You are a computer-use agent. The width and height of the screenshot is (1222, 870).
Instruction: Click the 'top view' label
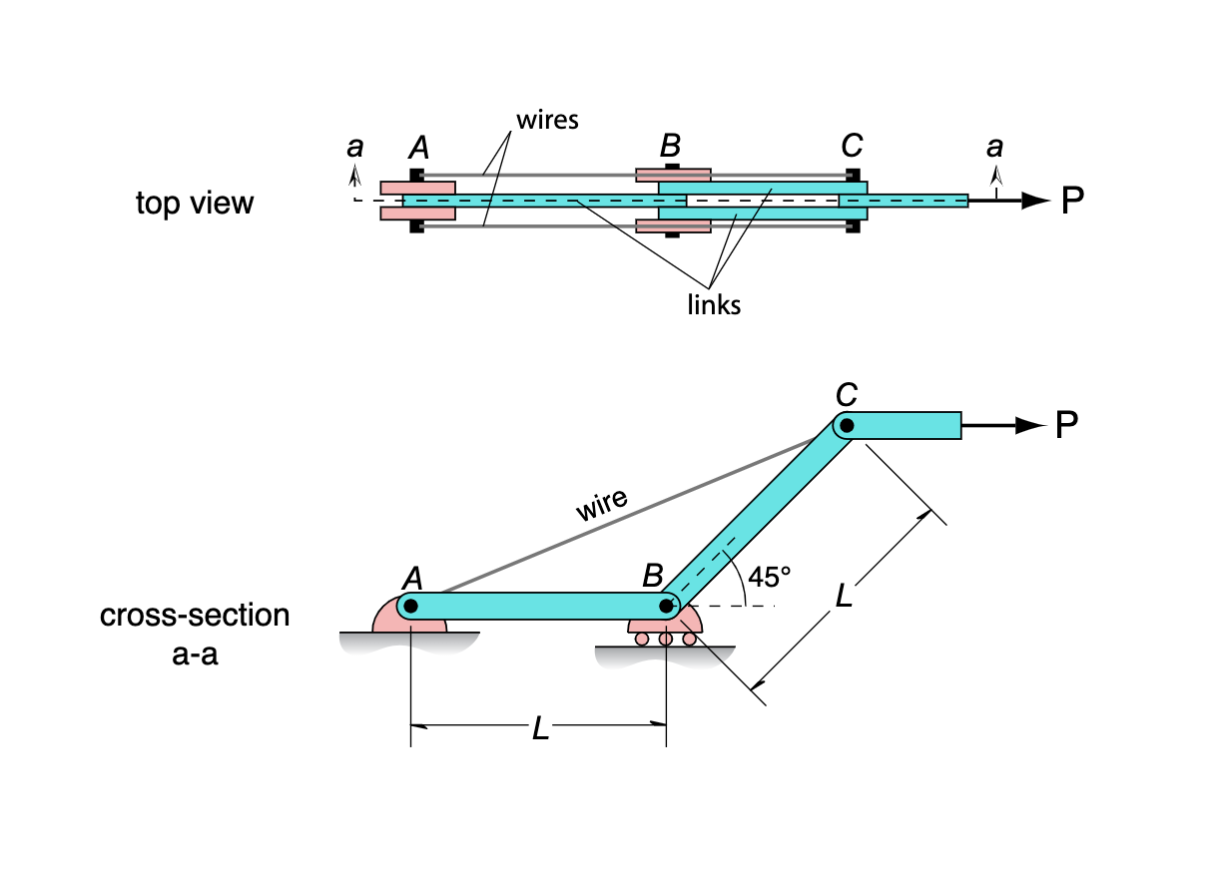[195, 204]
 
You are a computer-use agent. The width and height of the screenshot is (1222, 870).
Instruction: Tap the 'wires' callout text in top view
[547, 121]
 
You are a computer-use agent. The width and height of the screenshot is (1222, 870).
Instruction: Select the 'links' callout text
[714, 304]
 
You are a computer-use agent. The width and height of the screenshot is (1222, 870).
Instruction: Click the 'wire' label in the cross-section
[602, 505]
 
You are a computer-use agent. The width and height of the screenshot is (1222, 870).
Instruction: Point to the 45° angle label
[770, 577]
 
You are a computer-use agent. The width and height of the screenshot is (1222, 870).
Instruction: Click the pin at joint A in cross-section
[410, 606]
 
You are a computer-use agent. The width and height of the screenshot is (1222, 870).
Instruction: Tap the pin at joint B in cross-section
[666, 606]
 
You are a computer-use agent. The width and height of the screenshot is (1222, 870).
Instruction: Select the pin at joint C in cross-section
[847, 426]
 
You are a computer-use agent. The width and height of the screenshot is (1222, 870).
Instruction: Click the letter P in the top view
[1072, 202]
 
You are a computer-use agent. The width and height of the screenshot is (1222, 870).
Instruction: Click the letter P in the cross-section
[1066, 426]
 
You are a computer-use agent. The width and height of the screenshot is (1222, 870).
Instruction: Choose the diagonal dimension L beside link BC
[844, 597]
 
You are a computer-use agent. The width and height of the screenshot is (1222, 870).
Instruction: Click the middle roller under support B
[666, 639]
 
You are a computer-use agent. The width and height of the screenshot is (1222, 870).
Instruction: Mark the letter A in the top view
[419, 148]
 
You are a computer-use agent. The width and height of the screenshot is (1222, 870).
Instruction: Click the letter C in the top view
[851, 147]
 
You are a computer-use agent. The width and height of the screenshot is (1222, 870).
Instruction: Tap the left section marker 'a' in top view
[354, 148]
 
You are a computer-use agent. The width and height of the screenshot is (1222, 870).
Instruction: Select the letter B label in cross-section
[653, 576]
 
